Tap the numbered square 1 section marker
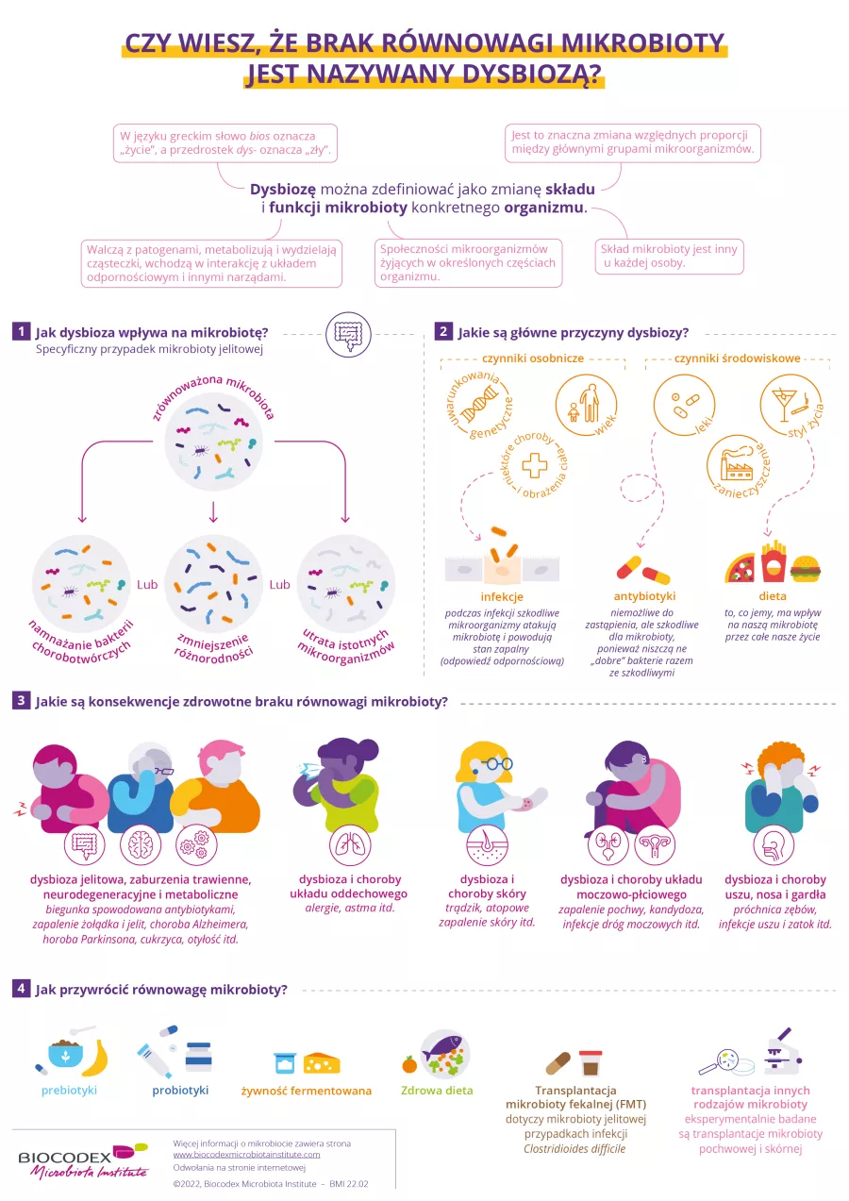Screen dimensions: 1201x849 [21, 331]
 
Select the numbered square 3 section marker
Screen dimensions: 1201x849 [21, 701]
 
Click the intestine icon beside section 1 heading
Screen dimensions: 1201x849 [344, 333]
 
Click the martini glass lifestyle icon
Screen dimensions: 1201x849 [787, 398]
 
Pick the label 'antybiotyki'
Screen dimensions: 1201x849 [643, 596]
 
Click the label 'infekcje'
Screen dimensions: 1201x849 [502, 596]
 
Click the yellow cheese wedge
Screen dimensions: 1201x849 [322, 1062]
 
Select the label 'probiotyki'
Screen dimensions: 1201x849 [180, 1091]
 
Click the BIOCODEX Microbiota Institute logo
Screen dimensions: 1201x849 [83, 1161]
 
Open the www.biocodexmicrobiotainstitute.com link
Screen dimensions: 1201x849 [246, 1155]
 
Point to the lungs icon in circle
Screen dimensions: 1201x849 [345, 844]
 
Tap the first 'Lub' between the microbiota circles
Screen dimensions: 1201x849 [147, 585]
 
